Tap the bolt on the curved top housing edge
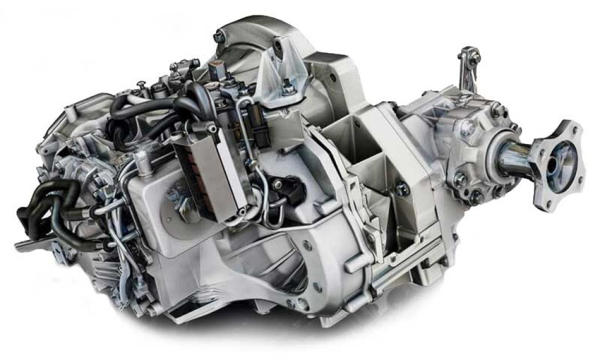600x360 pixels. point(218,37)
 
